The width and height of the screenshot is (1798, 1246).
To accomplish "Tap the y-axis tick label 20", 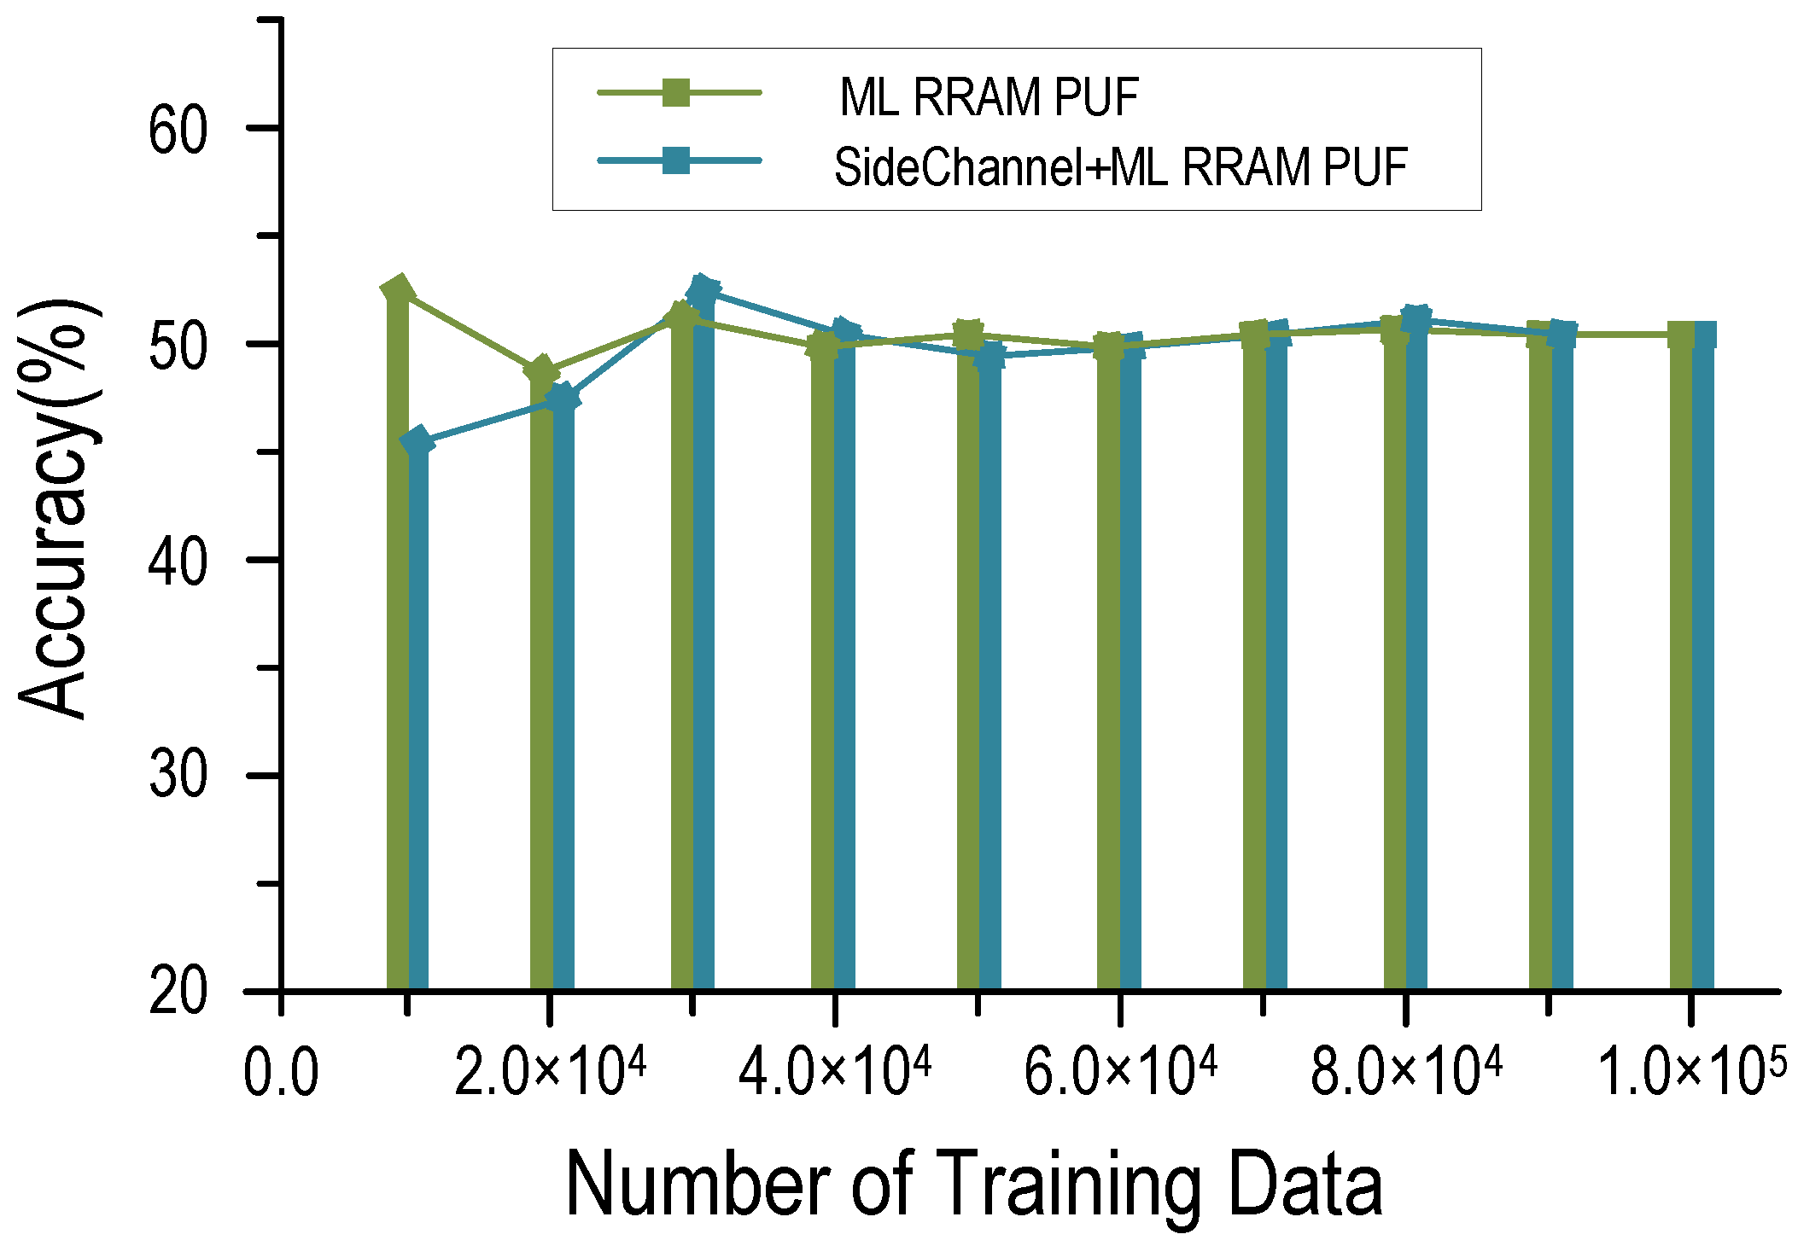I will pyautogui.click(x=178, y=993).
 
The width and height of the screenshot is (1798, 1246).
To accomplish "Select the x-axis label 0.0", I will pyautogui.click(x=281, y=1074).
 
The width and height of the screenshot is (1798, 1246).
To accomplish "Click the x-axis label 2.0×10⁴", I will pyautogui.click(x=550, y=1072).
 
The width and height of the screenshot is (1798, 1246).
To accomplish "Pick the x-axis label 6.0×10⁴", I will pyautogui.click(x=1120, y=1072).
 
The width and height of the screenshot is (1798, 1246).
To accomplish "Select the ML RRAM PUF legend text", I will pyautogui.click(x=989, y=97).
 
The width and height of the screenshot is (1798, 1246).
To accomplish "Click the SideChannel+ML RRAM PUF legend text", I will pyautogui.click(x=1120, y=167).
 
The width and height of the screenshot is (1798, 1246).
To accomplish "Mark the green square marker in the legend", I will pyautogui.click(x=676, y=92).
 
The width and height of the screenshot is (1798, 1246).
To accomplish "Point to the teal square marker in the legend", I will pyautogui.click(x=676, y=160).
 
